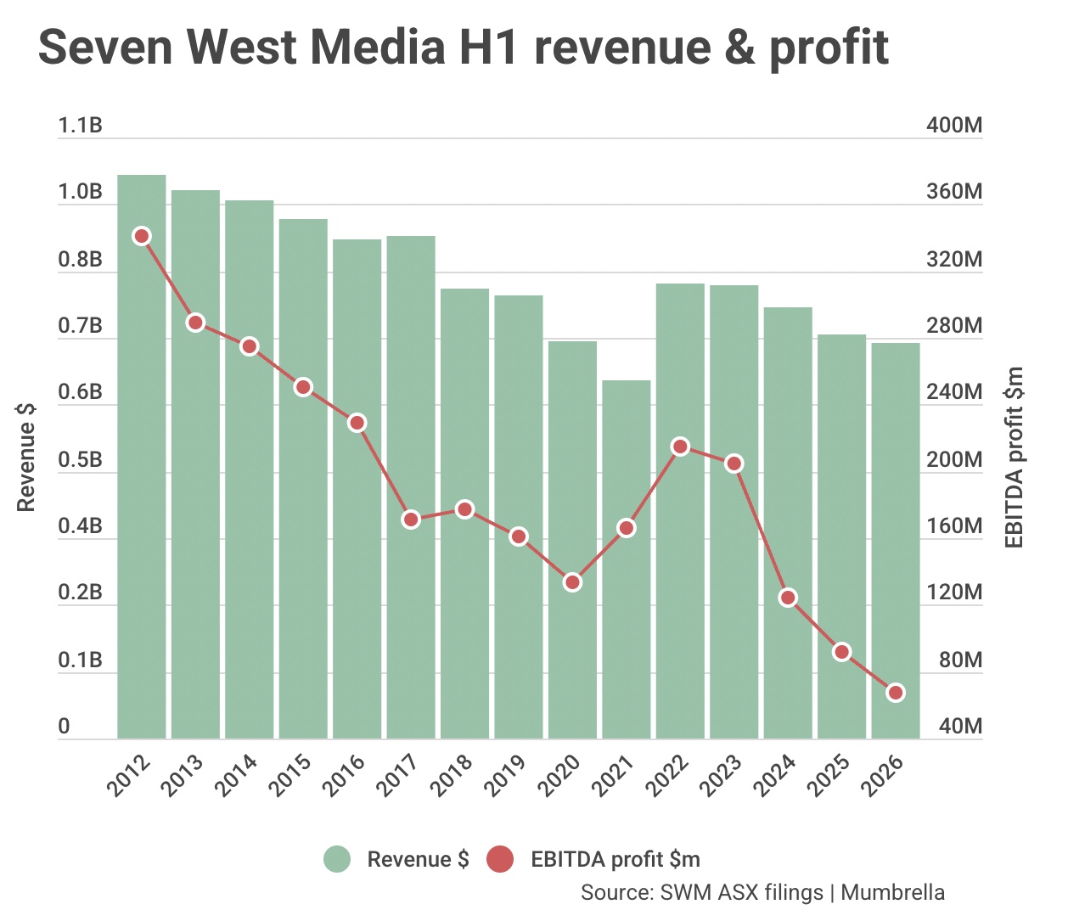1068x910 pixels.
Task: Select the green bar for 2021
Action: pyautogui.click(x=627, y=559)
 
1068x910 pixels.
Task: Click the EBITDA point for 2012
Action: pyautogui.click(x=142, y=236)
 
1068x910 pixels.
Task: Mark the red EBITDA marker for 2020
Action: pyautogui.click(x=572, y=582)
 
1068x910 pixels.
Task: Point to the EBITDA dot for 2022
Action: pyautogui.click(x=680, y=447)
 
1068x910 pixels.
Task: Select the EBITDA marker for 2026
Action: pyautogui.click(x=896, y=693)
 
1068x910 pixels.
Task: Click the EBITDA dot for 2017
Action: pyautogui.click(x=411, y=520)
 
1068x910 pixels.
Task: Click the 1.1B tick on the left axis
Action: pyautogui.click(x=80, y=126)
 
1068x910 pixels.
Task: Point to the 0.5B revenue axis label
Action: pyautogui.click(x=80, y=460)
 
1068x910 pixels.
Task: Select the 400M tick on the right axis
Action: pyautogui.click(x=954, y=126)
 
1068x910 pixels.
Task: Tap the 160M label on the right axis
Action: pyautogui.click(x=954, y=526)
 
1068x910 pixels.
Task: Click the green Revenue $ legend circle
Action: pyautogui.click(x=337, y=859)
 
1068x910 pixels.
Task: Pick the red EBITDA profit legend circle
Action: pyautogui.click(x=501, y=859)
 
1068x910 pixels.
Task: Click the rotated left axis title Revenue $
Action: pyautogui.click(x=26, y=457)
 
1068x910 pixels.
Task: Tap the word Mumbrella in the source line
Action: pyautogui.click(x=892, y=892)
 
